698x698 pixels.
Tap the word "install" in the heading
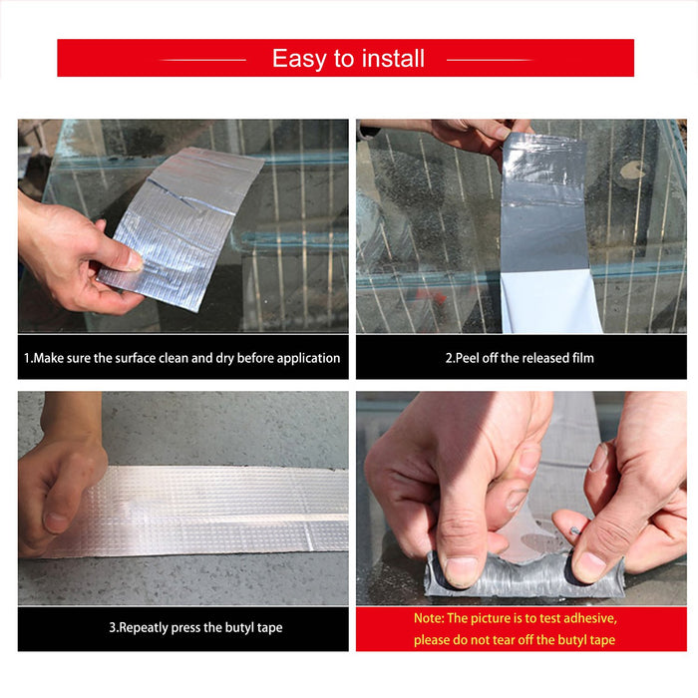click(x=393, y=58)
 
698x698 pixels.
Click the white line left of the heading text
click(x=202, y=60)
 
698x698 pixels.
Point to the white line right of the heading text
click(x=490, y=60)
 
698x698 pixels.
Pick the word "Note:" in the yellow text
click(x=429, y=618)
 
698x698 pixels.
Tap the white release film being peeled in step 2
click(x=551, y=302)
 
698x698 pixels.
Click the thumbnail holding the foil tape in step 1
click(x=133, y=261)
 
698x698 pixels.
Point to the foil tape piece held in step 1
click(x=181, y=227)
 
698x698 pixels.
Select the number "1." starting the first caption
click(x=29, y=358)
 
